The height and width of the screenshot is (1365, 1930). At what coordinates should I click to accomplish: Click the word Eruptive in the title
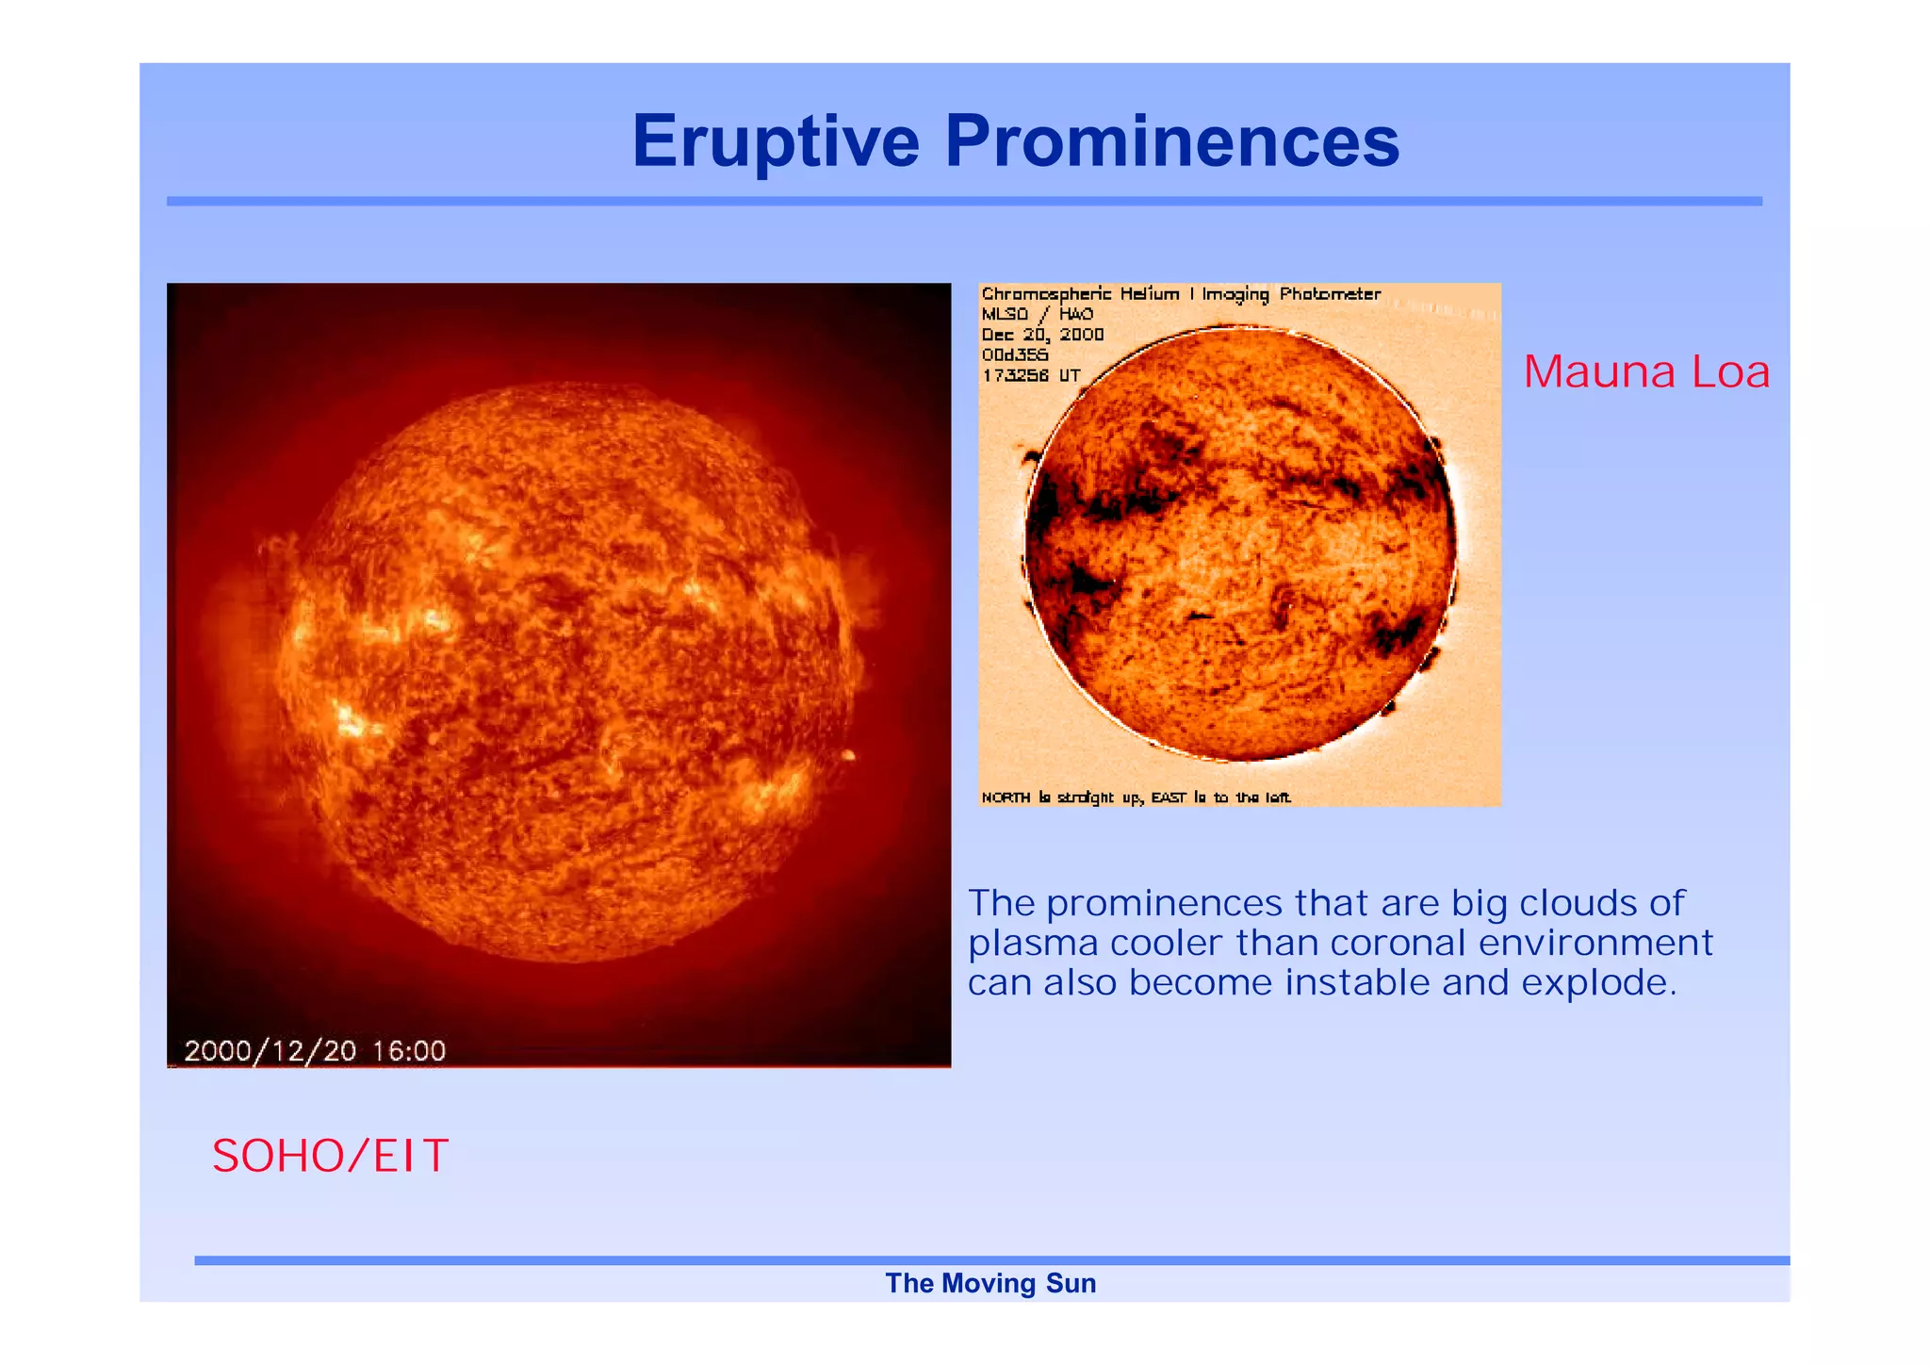point(775,141)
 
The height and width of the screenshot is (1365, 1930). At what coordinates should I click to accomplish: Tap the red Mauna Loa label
point(1645,371)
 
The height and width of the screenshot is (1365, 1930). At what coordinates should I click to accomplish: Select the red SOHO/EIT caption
point(330,1156)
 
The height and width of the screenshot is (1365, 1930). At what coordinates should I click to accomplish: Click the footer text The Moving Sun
point(990,1283)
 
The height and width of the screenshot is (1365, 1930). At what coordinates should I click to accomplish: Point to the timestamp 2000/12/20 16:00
point(315,1050)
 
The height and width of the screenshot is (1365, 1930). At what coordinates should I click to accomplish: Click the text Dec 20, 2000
point(1042,335)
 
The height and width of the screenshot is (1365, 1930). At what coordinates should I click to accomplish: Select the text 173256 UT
point(1031,375)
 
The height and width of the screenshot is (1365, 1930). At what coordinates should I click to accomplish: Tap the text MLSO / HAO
point(1037,314)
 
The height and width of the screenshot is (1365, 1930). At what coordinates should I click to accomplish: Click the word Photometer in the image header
point(1330,294)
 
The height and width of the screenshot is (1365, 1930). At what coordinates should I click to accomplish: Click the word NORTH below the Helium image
point(1006,798)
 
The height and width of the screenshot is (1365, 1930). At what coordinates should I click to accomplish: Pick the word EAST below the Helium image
point(1169,798)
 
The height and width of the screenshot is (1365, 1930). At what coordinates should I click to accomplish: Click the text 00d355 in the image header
point(1014,355)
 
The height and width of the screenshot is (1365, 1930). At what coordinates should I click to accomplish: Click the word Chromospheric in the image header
point(1046,294)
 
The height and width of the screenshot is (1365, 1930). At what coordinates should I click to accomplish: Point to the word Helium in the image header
point(1149,294)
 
